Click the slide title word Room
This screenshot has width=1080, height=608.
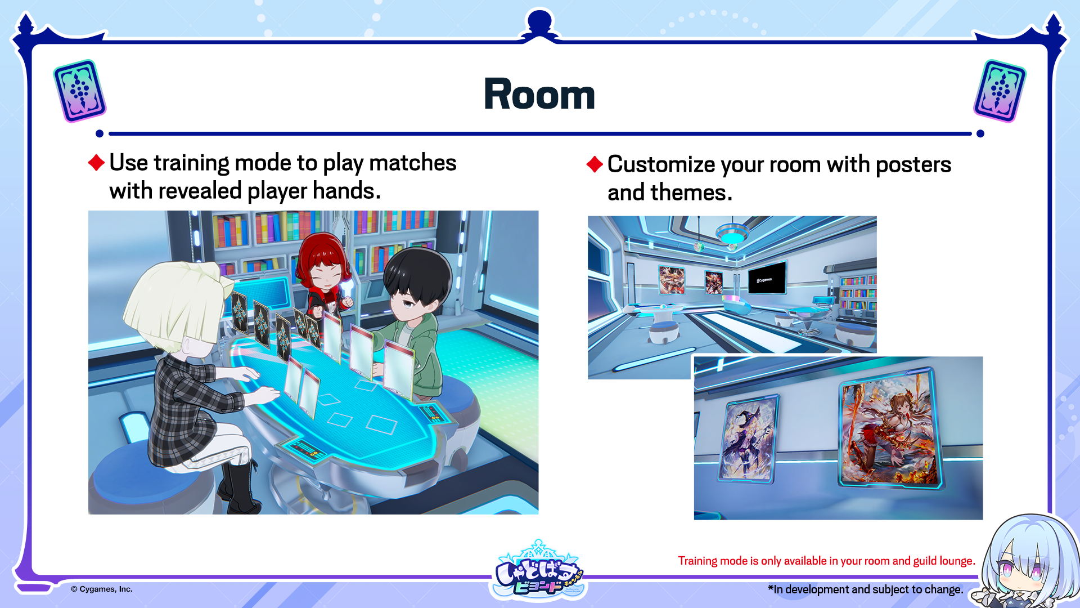click(x=539, y=94)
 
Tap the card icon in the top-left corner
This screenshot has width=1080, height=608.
click(x=79, y=91)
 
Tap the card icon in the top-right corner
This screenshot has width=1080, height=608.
click(x=1000, y=91)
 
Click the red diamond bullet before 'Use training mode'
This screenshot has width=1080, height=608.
click(x=97, y=163)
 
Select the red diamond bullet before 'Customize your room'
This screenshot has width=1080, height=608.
click(x=595, y=164)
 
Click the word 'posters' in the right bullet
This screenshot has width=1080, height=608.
click(x=913, y=164)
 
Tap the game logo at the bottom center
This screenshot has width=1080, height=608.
click(x=539, y=570)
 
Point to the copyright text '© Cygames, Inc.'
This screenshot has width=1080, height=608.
click(x=102, y=589)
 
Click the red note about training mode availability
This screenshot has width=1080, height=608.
click(x=826, y=561)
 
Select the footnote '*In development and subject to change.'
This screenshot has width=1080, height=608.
click(x=866, y=589)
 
